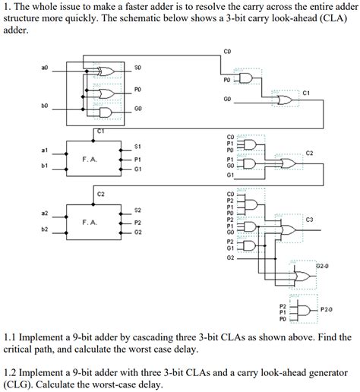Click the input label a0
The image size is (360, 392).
pos(44,68)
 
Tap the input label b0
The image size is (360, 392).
pos(44,107)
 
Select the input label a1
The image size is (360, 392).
pos(44,150)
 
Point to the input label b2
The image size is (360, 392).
pos(44,229)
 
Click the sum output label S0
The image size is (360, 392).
pos(137,68)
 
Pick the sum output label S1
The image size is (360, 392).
pos(137,146)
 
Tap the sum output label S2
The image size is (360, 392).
pos(137,210)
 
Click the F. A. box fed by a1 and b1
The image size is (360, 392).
pos(90,158)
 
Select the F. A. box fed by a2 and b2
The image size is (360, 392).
pos(90,223)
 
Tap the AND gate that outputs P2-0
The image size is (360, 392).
pos(304,310)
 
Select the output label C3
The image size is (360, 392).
pos(309,220)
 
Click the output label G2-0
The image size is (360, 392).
pos(323,267)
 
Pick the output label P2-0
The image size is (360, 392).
pos(327,310)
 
